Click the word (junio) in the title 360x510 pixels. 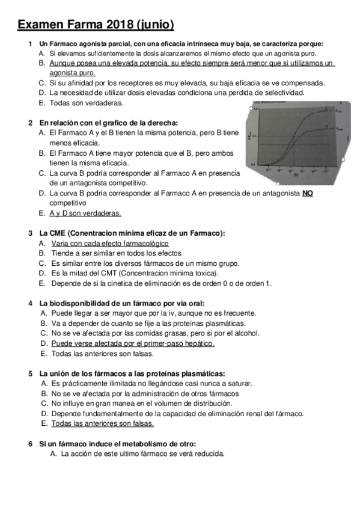click(156, 25)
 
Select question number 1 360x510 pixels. click(30, 43)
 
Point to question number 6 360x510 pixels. click(30, 443)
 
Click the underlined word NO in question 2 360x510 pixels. click(307, 193)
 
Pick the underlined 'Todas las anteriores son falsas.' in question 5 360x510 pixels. click(102, 423)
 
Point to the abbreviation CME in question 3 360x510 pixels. click(59, 233)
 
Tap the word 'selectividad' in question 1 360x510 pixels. click(284, 93)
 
